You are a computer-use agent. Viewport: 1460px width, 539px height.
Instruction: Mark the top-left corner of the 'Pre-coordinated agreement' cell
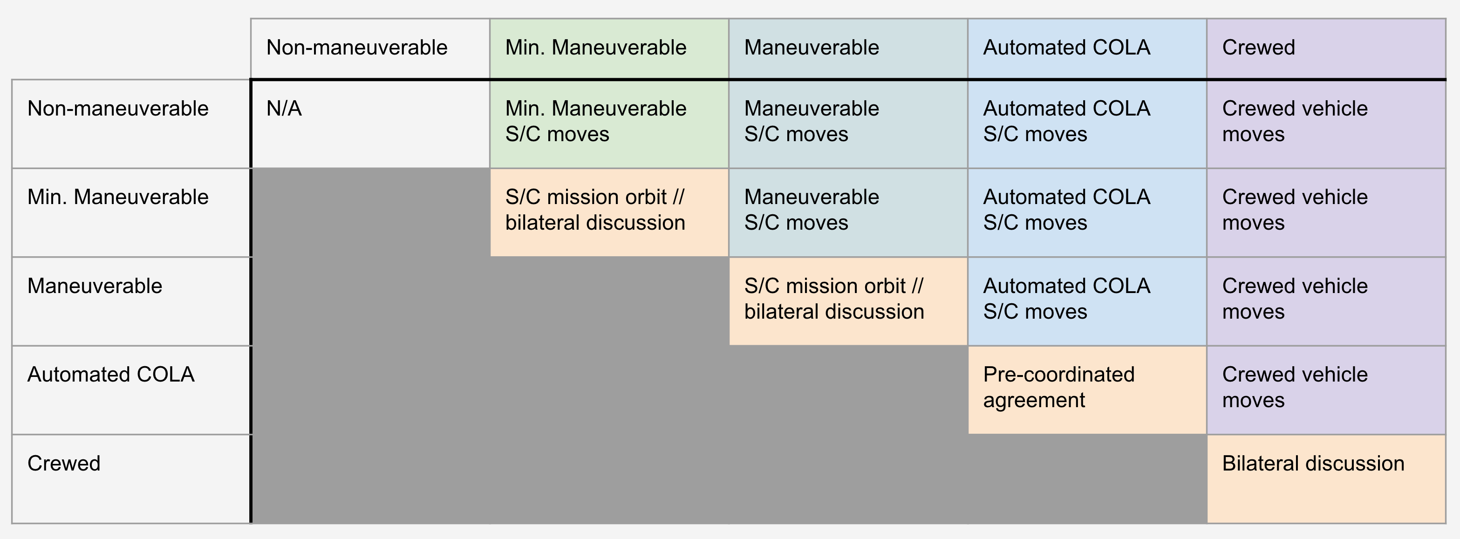click(968, 346)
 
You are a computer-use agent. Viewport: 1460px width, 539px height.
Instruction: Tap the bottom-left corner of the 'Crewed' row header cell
click(12, 523)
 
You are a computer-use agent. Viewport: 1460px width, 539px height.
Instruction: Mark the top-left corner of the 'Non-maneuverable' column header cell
click(251, 19)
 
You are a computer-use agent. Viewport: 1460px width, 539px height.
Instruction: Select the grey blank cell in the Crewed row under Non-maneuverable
click(371, 479)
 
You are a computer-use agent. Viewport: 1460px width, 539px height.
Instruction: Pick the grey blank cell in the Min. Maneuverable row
click(371, 212)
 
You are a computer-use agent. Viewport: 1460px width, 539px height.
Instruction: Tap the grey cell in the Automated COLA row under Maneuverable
click(848, 390)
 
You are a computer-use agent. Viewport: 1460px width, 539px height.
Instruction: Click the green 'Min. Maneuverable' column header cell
click(609, 49)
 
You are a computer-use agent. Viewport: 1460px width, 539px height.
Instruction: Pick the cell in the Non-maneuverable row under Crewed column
click(1326, 124)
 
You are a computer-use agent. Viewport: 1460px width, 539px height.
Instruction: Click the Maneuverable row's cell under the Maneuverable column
click(848, 301)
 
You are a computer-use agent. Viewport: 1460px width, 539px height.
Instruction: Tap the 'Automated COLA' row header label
click(111, 375)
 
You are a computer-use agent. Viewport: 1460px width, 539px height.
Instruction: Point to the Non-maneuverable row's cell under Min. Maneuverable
click(609, 124)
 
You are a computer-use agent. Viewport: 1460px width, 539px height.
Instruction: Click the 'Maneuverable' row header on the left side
click(95, 286)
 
